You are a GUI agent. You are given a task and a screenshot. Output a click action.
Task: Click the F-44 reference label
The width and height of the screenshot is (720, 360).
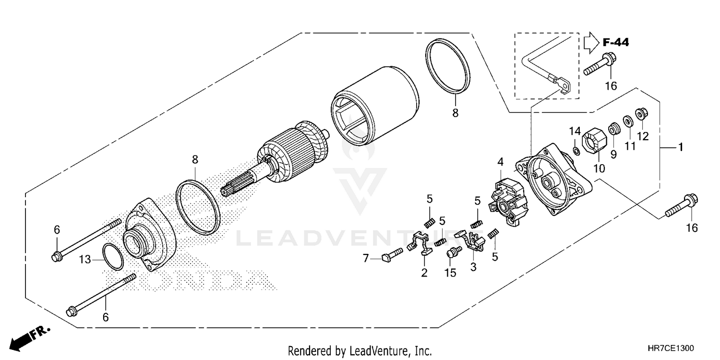(x=615, y=43)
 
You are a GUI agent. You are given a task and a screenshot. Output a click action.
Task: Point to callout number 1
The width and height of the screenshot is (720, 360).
(x=680, y=148)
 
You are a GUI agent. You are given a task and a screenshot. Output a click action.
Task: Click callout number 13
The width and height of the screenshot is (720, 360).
(x=84, y=260)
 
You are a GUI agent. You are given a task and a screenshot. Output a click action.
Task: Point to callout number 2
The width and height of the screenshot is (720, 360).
(x=424, y=273)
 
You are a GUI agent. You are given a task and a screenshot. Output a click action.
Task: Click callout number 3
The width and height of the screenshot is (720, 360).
(x=473, y=267)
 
